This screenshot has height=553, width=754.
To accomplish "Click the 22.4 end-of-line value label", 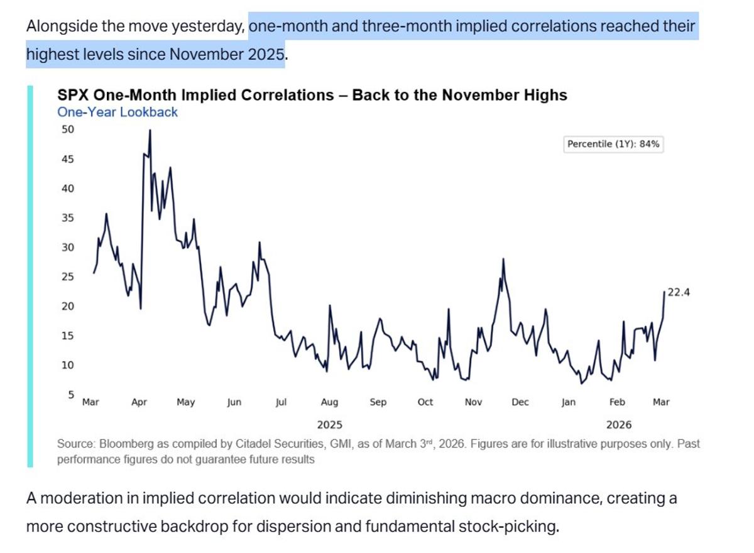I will point(679,292).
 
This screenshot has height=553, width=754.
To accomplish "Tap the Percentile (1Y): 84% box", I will point(613,144).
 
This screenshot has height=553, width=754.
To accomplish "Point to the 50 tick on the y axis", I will point(67,129).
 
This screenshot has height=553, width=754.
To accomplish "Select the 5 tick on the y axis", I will point(70,395).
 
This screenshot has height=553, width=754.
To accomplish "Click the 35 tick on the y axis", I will point(67,218).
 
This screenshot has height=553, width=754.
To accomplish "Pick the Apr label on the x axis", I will point(139,402).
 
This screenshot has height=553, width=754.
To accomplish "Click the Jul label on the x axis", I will point(281,402).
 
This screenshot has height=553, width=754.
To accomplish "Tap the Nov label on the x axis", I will point(473,402).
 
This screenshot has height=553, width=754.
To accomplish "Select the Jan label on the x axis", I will point(568,402).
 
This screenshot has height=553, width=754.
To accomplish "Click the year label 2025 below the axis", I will point(330,425).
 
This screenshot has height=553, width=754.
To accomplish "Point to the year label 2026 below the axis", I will point(619,425).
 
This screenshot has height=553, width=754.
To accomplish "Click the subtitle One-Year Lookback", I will point(117,112).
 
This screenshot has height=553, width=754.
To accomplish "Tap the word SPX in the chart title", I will point(72,95).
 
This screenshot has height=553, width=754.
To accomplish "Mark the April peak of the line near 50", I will point(150,130).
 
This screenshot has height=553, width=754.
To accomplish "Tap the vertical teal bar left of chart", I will point(30,276).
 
